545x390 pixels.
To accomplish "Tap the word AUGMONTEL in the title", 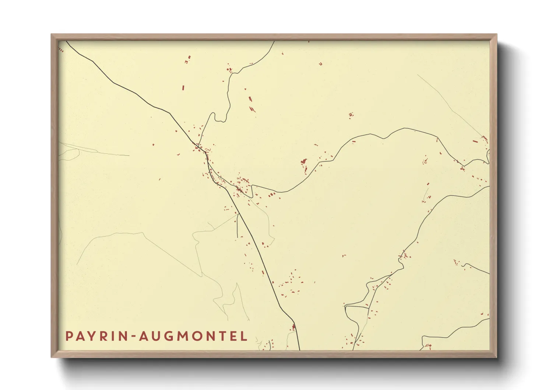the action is tap(193, 336).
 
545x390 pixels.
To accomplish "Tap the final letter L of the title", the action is tap(244, 336).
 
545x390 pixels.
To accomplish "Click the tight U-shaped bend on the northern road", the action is tap(220, 120).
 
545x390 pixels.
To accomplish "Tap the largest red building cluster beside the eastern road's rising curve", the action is tap(304, 161).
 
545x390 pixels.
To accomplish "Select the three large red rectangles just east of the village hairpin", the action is tap(272, 194).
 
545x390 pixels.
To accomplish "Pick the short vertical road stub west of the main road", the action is tap(237, 226).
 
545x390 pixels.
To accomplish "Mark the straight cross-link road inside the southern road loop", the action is tap(356, 306).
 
